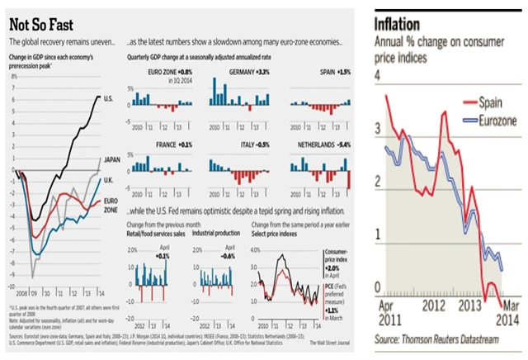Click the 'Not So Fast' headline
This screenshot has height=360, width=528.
pos(39,23)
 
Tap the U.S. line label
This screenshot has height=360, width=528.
pos(108,98)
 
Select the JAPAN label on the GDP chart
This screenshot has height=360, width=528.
pos(111,159)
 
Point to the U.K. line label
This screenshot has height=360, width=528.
pos(108,180)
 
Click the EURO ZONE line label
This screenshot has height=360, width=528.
pos(111,201)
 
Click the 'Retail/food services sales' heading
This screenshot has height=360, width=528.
pos(156,234)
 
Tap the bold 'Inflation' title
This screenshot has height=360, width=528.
pos(399,22)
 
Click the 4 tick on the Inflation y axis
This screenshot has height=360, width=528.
pos(379,75)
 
